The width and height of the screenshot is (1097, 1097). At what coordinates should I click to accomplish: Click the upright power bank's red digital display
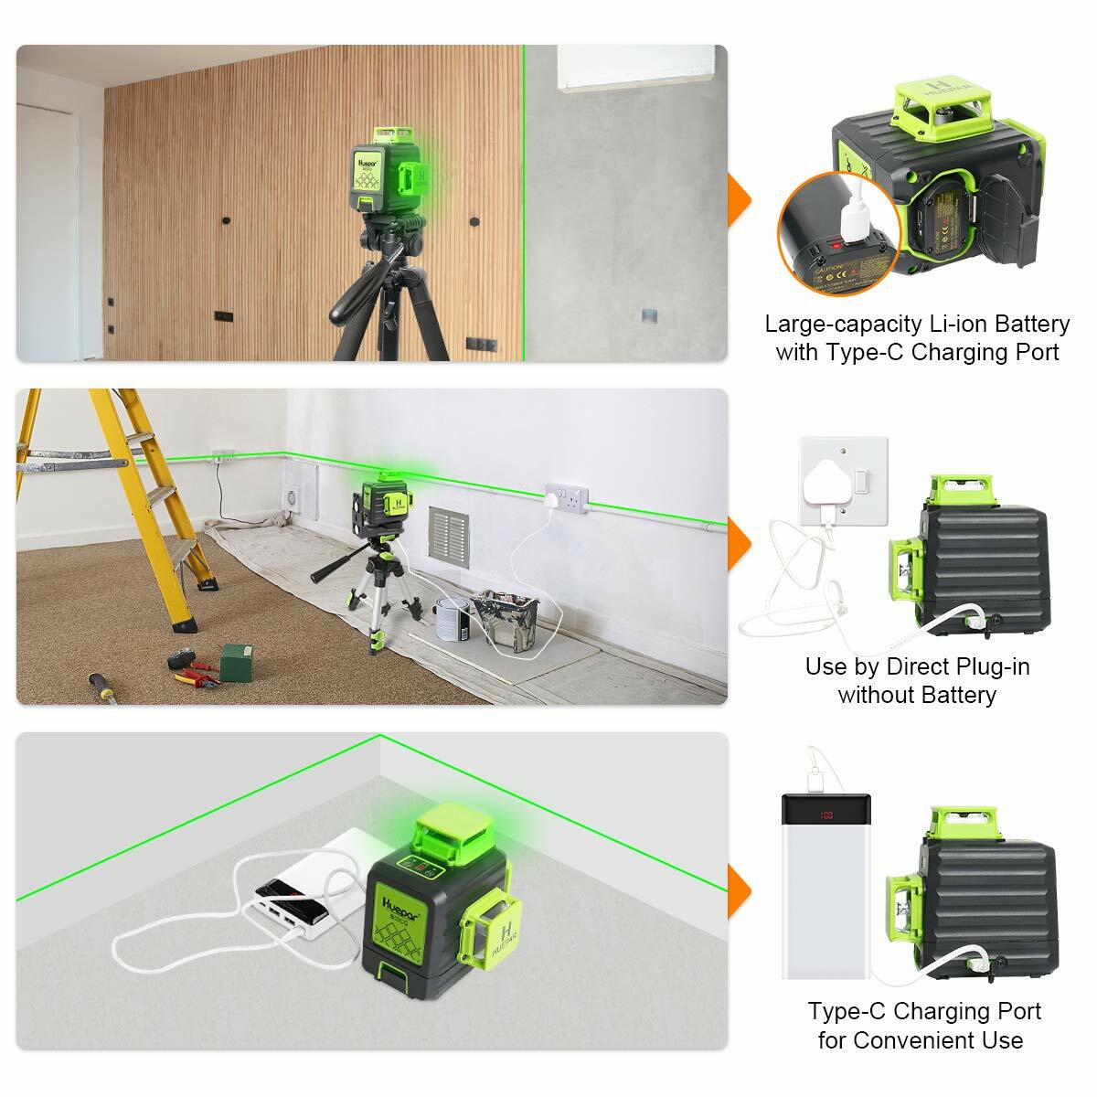(828, 815)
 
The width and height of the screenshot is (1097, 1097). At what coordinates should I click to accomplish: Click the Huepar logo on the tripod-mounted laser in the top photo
(365, 158)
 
